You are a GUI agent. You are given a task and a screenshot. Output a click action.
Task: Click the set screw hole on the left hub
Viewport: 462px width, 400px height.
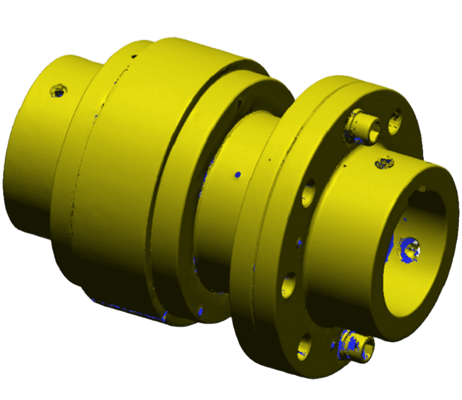pyautogui.click(x=59, y=92)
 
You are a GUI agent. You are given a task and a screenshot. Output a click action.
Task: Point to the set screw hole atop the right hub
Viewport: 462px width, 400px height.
pyautogui.click(x=385, y=163)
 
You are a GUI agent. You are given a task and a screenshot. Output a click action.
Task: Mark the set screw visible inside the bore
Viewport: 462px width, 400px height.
pyautogui.click(x=411, y=249)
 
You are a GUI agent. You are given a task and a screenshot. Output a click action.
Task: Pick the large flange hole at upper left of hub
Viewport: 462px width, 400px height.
pyautogui.click(x=309, y=192)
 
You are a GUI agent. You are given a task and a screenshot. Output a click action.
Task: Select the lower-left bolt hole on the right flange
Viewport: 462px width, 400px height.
pyautogui.click(x=289, y=287)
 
